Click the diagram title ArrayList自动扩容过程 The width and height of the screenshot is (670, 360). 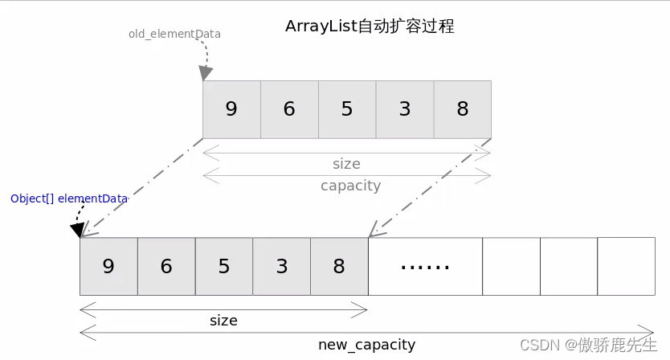[370, 26]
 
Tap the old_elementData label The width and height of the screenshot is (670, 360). [175, 35]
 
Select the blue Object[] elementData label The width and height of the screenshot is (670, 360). [69, 198]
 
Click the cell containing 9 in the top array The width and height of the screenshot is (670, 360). [231, 109]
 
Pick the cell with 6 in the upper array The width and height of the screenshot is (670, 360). [289, 109]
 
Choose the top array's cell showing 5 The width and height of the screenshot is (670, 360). [347, 109]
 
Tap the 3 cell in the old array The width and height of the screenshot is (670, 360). [405, 109]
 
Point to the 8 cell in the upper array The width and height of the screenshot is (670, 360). [463, 109]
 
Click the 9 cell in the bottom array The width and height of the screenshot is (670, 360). [108, 266]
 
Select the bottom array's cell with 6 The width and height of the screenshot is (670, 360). [166, 266]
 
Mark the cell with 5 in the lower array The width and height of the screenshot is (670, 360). [224, 266]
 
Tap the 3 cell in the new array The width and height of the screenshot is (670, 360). [282, 266]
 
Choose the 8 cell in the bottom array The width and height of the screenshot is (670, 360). [339, 266]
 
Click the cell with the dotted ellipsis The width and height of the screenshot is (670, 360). [425, 266]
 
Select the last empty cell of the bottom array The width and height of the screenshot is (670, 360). [626, 266]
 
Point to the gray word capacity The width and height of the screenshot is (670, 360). [351, 186]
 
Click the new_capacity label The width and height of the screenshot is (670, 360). [366, 345]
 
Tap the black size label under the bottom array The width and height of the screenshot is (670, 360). [223, 321]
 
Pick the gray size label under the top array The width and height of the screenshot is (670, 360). [346, 164]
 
